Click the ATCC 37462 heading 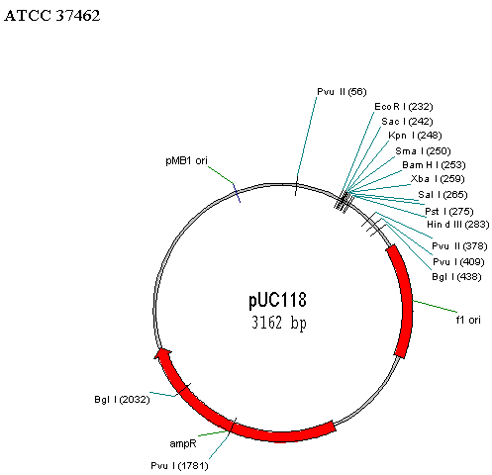click(51, 16)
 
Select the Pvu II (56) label click(342, 92)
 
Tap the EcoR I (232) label click(404, 107)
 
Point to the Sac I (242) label click(407, 122)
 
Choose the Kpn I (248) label click(415, 136)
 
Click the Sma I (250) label click(423, 151)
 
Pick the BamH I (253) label click(434, 165)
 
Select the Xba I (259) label click(438, 179)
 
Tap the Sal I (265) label click(443, 195)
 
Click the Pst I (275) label click(449, 211)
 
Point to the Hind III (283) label click(458, 225)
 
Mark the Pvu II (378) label click(459, 246)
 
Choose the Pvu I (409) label click(458, 262)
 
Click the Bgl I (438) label click(456, 276)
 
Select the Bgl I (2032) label click(122, 400)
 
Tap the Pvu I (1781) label click(179, 466)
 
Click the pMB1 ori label click(186, 160)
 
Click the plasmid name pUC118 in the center click(277, 300)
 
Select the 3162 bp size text click(279, 323)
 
